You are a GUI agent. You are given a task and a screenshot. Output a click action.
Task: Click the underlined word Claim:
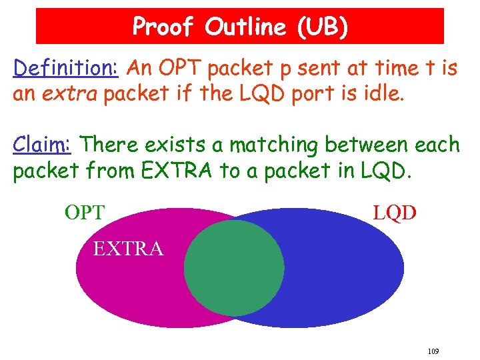pos(44,145)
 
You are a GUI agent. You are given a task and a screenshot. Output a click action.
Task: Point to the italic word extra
pos(66,93)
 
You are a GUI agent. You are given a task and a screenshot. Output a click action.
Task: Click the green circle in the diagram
pos(233,268)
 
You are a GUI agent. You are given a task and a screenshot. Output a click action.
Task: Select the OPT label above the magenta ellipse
pos(85,213)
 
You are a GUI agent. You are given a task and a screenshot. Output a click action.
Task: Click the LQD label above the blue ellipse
pos(395,213)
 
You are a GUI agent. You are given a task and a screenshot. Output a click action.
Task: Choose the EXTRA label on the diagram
pos(128,249)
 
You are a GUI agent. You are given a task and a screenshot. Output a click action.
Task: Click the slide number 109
pos(433,351)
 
